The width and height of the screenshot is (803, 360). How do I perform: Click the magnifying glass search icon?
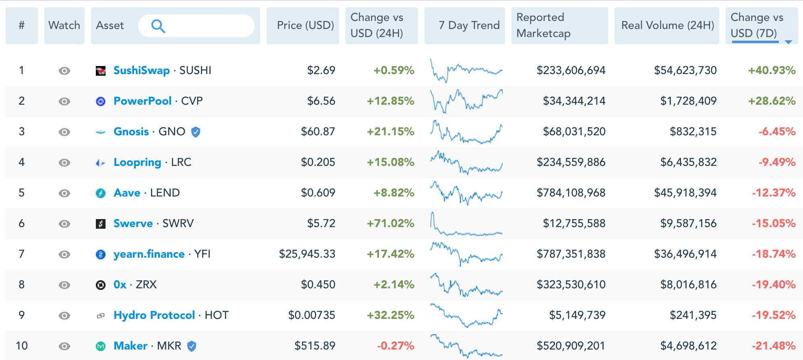tap(158, 26)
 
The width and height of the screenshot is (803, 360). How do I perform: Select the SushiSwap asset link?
tap(141, 70)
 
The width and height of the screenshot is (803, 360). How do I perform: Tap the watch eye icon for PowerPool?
tap(64, 101)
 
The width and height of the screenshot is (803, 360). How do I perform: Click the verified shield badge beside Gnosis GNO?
tap(196, 132)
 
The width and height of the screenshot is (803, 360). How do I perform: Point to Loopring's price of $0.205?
tap(318, 162)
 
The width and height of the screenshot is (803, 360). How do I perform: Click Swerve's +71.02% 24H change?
tap(390, 223)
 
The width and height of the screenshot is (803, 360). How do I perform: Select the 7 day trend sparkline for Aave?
tap(466, 193)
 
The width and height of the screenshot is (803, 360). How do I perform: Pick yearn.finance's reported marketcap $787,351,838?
tap(571, 254)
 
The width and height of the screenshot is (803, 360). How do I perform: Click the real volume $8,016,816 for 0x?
tap(688, 285)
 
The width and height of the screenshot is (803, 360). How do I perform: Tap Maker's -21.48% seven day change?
tap(773, 346)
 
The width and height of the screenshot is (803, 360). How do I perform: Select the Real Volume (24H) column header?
tap(667, 25)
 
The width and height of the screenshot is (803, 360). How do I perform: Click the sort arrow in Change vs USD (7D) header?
tap(789, 41)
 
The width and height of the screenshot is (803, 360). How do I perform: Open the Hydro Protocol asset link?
tap(154, 315)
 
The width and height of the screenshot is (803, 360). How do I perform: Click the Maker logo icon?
tap(101, 346)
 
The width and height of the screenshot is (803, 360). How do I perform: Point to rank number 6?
tap(22, 223)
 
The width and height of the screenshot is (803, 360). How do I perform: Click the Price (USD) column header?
tap(305, 25)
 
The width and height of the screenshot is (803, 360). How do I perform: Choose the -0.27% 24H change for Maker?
tap(395, 346)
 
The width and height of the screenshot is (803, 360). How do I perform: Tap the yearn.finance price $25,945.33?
tap(307, 254)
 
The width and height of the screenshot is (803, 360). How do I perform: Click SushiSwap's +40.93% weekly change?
tap(772, 70)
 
